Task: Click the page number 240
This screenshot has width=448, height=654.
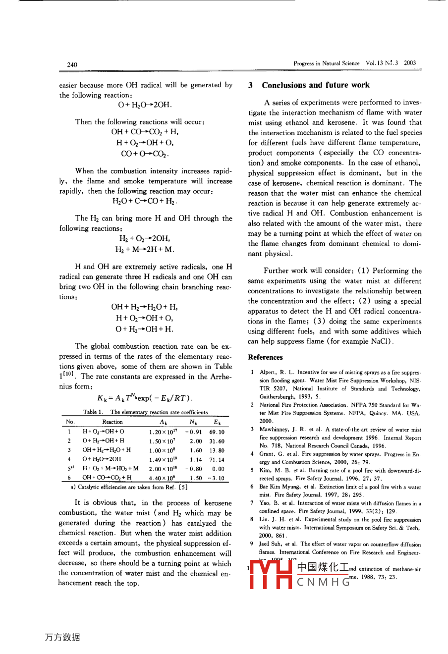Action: pos(72,64)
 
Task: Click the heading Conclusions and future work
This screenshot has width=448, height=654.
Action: pos(315,85)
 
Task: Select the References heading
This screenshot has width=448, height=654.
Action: pos(265,357)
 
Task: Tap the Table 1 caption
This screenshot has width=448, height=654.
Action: pos(145,412)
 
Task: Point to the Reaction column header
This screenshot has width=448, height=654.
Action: pos(112,422)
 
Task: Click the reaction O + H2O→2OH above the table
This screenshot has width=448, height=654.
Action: pos(145,105)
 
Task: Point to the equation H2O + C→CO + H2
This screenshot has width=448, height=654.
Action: pos(145,202)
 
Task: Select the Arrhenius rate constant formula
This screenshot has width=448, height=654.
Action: pos(145,398)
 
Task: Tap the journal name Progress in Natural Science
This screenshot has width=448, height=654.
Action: pos(326,63)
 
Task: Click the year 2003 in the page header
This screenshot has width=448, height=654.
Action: pos(410,63)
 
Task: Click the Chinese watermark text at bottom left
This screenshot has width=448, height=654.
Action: pos(62,638)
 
